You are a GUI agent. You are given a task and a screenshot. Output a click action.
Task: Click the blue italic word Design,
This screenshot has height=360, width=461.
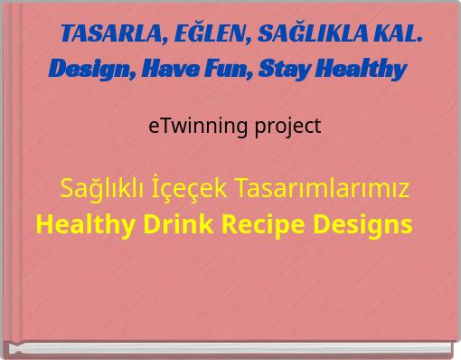click(x=88, y=69)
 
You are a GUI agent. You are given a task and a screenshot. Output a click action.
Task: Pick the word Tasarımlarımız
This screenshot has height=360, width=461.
click(x=322, y=189)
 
